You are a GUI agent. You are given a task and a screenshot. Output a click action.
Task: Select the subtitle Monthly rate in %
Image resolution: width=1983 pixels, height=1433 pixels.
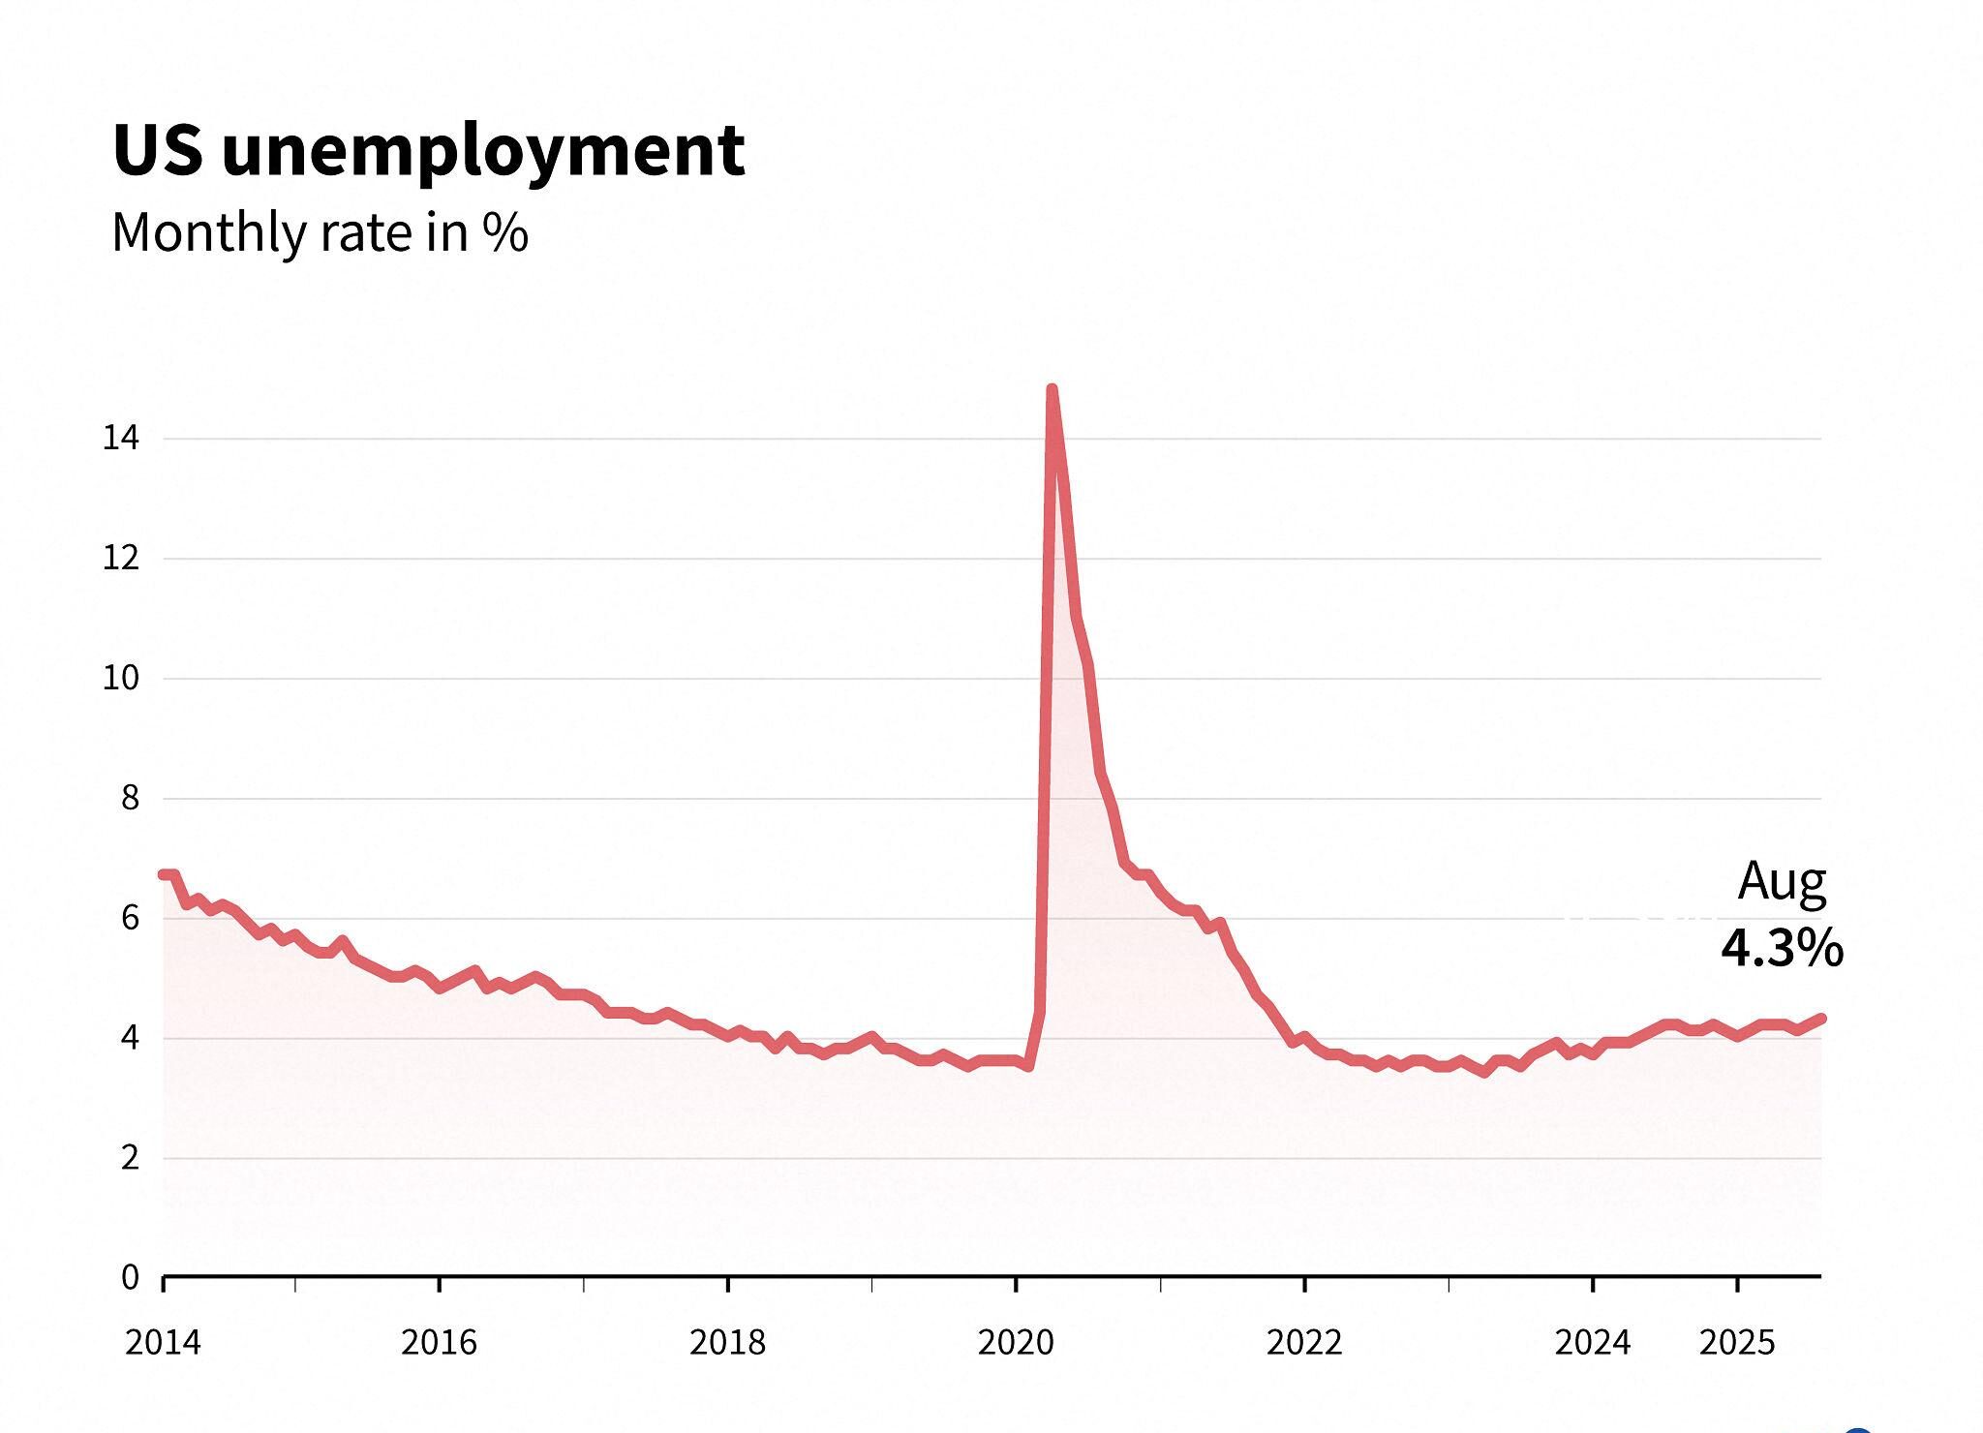point(320,232)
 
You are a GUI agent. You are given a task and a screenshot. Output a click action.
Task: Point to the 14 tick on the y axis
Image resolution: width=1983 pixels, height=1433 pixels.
point(121,439)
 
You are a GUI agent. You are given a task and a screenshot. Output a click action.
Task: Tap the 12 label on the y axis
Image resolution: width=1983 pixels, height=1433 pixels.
point(121,559)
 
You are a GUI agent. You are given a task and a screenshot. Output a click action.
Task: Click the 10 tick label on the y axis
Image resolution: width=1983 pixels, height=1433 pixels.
point(121,678)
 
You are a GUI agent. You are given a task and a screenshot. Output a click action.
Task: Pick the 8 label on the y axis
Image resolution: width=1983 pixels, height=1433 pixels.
point(130,798)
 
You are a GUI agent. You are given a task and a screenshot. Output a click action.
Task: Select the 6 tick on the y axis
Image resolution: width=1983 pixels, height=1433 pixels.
point(130,918)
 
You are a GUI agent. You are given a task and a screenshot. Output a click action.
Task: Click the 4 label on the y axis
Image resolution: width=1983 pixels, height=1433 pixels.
point(130,1038)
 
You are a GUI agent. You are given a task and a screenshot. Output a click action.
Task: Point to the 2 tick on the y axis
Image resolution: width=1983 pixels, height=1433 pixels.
point(130,1158)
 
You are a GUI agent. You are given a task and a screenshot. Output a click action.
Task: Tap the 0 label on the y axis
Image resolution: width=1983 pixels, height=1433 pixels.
point(130,1278)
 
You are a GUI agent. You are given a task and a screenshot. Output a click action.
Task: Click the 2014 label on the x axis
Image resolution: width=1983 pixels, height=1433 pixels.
point(163,1343)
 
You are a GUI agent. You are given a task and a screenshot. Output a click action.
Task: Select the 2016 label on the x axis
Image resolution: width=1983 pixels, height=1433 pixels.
point(439,1343)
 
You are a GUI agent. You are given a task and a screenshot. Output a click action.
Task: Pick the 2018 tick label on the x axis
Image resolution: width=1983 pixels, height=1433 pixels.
point(727,1343)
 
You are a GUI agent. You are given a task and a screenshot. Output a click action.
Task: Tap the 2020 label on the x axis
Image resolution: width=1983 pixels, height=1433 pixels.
point(1016,1343)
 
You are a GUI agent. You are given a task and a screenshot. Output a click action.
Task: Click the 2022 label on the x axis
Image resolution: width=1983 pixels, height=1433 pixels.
point(1304,1343)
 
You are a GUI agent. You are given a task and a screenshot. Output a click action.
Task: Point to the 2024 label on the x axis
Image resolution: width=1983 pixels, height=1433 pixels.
point(1593,1343)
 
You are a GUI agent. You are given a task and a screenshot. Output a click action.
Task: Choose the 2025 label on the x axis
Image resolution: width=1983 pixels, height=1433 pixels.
point(1737,1343)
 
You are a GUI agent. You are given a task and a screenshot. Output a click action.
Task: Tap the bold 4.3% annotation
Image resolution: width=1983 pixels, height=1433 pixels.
point(1782,949)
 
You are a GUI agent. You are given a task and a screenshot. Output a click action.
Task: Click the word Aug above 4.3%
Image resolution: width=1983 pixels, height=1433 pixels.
point(1782,882)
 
